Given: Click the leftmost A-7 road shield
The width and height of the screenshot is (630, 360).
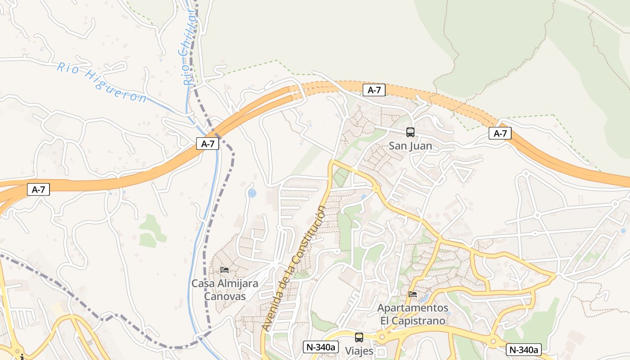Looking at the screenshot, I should pos(38,189).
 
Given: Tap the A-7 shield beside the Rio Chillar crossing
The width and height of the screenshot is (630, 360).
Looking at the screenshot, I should pos(207,144).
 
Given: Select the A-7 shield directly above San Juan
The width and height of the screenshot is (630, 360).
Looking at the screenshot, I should pos(374,90).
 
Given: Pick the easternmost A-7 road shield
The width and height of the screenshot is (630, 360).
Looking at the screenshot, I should pos(500,133).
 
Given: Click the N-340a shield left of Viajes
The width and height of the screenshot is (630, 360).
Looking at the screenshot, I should pos(321,347).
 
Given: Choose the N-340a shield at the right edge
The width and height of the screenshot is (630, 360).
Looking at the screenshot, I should pos(523,350).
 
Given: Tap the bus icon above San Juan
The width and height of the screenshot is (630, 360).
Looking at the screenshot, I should pos(410,132).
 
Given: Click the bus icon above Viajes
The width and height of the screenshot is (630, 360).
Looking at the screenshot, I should pos(359,337).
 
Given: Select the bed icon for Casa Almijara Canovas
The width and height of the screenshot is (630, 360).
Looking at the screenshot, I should pos(225,270).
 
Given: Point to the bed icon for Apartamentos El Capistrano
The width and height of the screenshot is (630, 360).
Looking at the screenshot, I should pos(413,294).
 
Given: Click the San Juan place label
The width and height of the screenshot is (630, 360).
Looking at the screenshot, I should pos(410,146).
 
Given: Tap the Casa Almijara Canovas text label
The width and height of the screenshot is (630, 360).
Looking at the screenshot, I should pos(225,290).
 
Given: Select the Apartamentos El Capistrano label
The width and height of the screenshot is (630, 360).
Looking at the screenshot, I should pos(413,314).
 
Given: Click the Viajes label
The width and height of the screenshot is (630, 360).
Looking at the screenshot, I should pos(359,351).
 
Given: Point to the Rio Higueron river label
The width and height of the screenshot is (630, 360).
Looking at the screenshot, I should pos(102,82).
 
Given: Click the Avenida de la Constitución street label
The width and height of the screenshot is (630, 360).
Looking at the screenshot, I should pos(295,269).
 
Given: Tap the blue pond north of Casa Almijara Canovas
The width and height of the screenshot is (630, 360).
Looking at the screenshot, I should pos(252,193).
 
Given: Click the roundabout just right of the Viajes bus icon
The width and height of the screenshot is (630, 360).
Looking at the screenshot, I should pos(382,337).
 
